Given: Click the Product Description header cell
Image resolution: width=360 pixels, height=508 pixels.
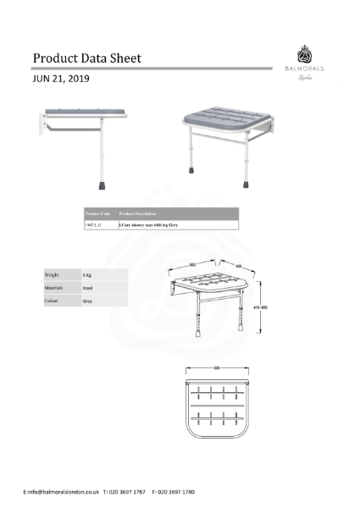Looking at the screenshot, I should (x=138, y=213).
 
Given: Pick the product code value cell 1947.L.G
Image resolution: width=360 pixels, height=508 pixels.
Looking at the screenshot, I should (x=95, y=225).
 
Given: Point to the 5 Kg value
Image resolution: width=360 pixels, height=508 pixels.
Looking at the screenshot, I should (x=87, y=275).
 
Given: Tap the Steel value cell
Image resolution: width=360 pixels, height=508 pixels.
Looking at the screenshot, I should (x=87, y=288).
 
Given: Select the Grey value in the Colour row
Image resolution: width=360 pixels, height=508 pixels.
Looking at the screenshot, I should (x=87, y=301).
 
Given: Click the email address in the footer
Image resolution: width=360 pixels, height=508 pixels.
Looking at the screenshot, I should (x=62, y=491).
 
